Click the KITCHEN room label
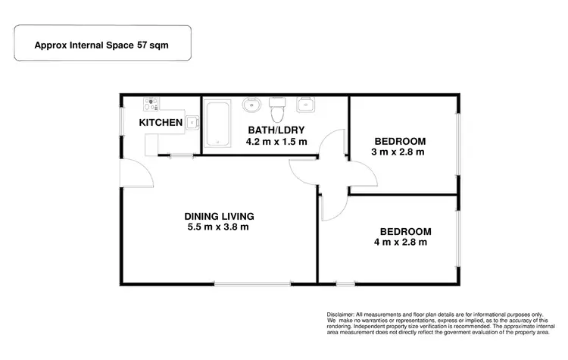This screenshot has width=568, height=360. tap(161, 122)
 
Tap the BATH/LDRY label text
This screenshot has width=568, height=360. tap(276, 130)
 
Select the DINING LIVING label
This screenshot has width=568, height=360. tap(218, 214)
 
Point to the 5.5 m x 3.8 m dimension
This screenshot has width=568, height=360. tap(218, 227)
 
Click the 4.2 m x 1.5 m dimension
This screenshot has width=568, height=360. tap(276, 142)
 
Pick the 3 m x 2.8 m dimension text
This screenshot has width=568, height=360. tap(398, 152)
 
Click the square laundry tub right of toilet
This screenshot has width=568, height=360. tap(307, 105)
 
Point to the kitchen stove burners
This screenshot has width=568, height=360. tap(151, 105)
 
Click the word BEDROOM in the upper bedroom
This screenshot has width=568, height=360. tap(401, 141)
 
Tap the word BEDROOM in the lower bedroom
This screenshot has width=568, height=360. tap(405, 231)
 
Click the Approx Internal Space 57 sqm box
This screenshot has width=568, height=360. tap(101, 45)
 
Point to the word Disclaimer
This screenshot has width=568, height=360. tap(343, 315)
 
